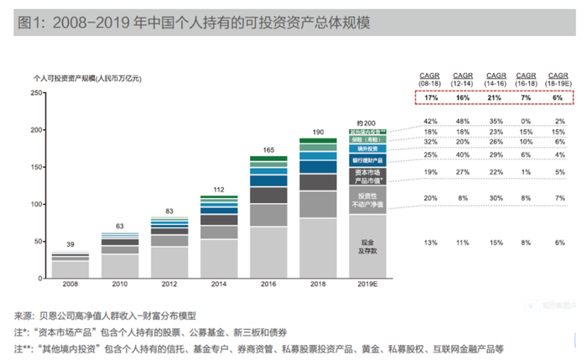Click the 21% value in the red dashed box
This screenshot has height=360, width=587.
495,98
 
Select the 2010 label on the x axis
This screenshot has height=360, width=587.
122,285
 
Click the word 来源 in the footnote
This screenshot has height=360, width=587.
22,316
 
